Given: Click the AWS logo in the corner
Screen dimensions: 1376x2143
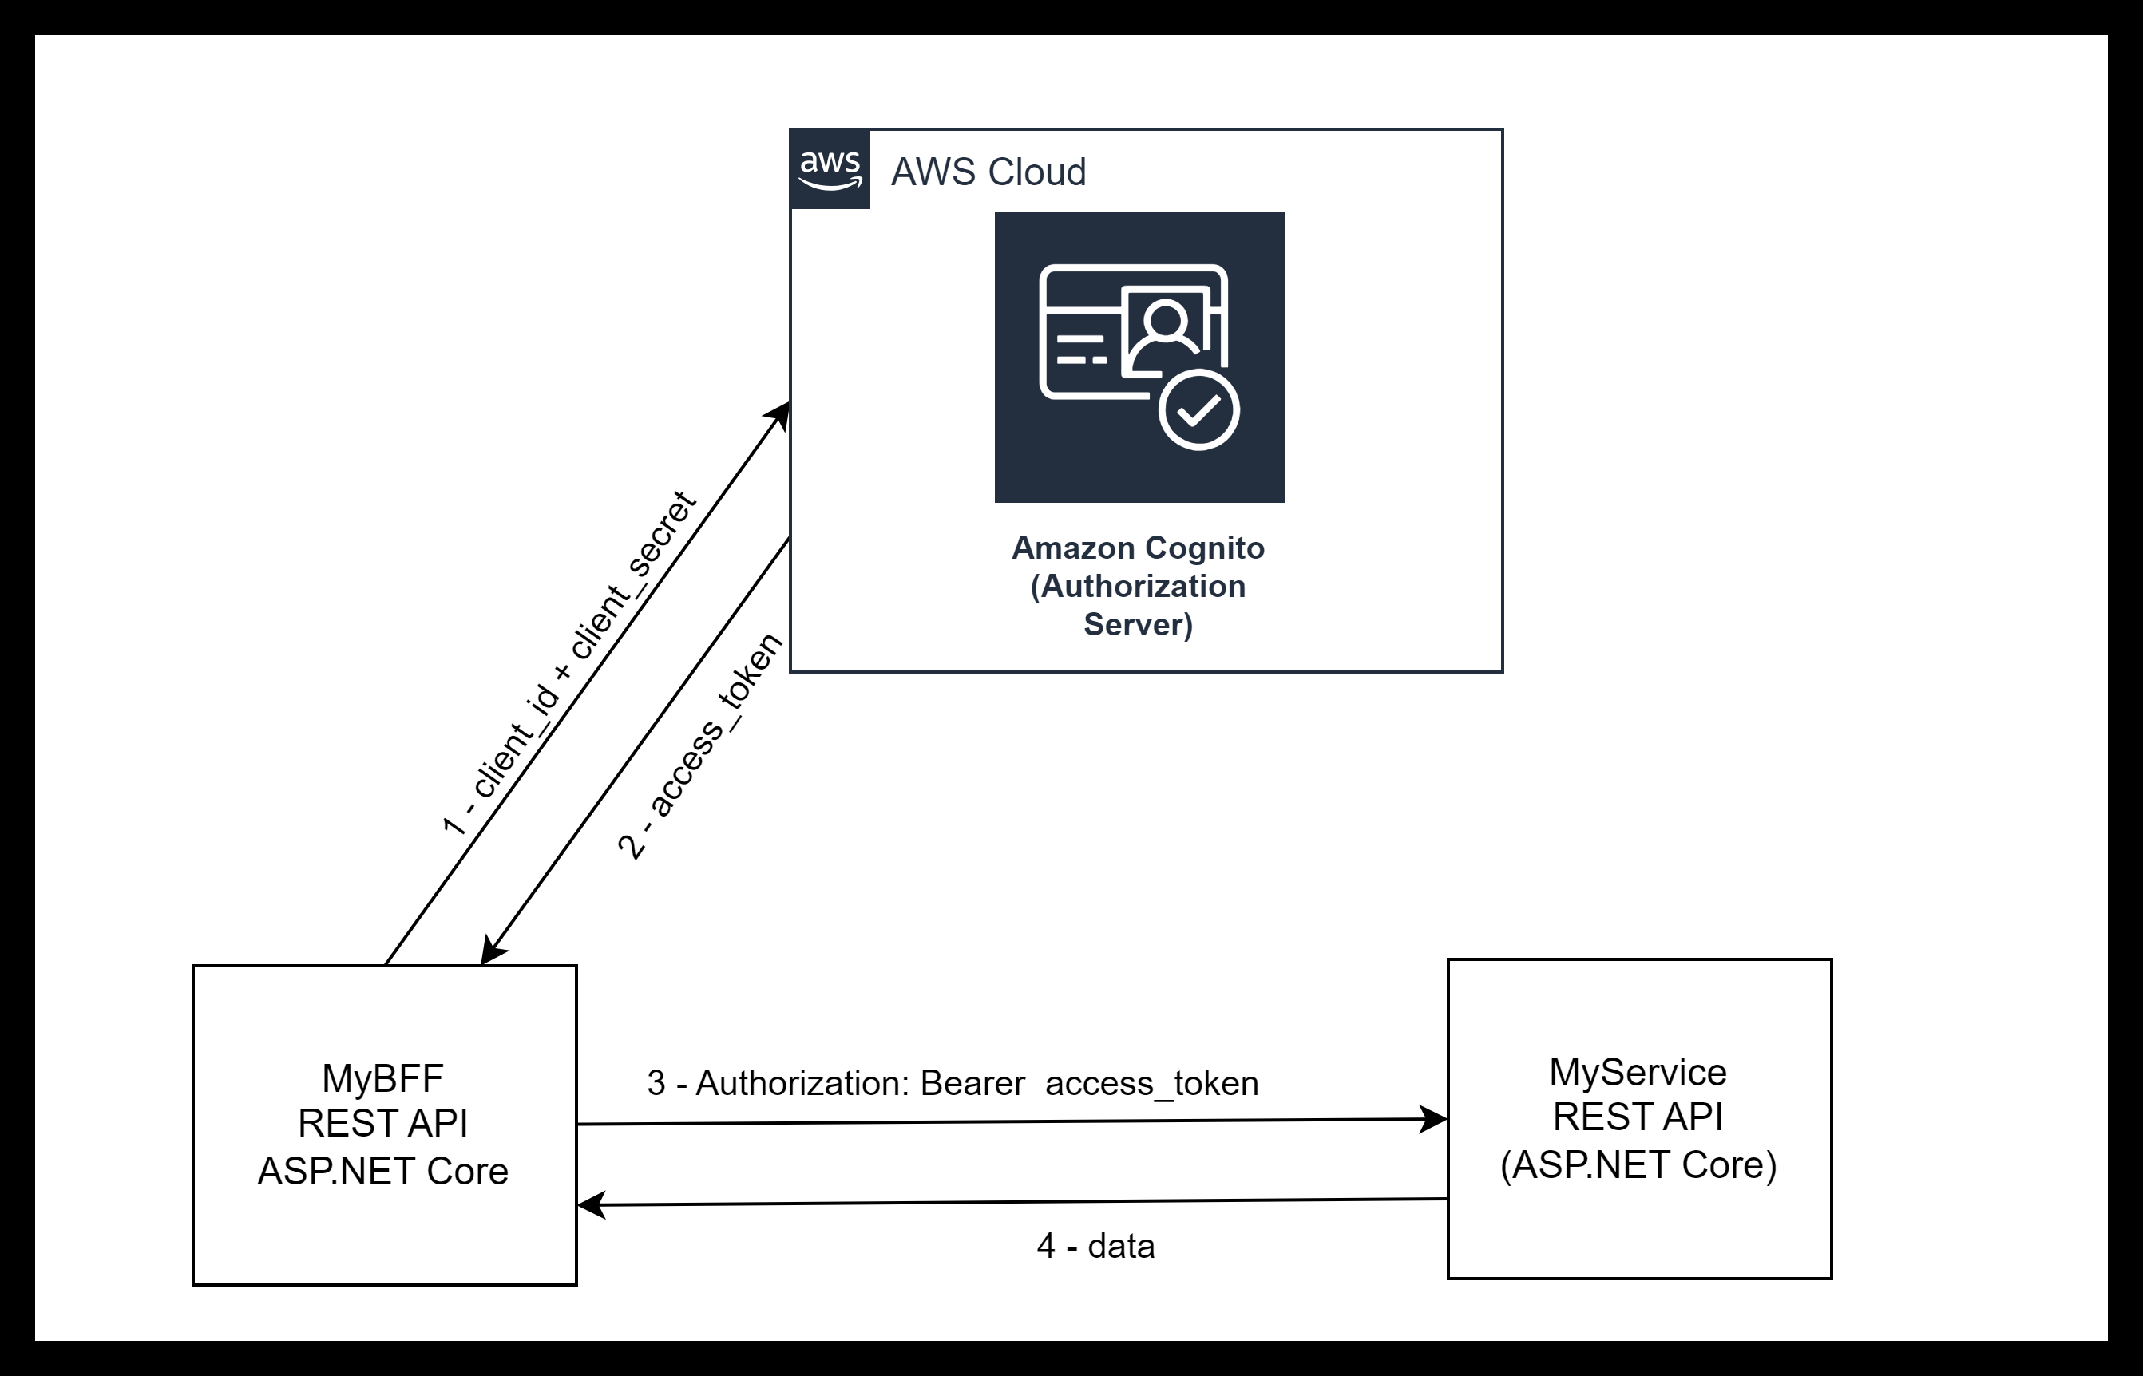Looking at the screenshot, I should pyautogui.click(x=830, y=169).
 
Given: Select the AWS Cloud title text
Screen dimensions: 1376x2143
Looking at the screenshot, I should pyautogui.click(x=988, y=172).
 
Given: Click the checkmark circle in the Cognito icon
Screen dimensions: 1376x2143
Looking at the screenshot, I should pyautogui.click(x=1198, y=410).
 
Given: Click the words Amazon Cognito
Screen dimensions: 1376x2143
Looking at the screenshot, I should pyautogui.click(x=1138, y=548).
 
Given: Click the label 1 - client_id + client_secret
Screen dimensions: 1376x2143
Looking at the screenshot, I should pyautogui.click(x=569, y=663).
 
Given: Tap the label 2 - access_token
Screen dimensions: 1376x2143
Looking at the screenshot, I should pyautogui.click(x=699, y=746).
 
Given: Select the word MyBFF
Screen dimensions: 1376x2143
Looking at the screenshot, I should pyautogui.click(x=382, y=1078).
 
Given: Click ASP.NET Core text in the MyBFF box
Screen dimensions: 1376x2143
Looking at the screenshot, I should pyautogui.click(x=382, y=1171).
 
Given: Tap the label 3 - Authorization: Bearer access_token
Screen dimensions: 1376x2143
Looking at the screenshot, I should pyautogui.click(x=953, y=1083).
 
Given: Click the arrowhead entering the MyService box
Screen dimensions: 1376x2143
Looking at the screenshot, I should pyautogui.click(x=1434, y=1119).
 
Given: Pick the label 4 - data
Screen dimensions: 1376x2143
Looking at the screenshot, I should pyautogui.click(x=1095, y=1246).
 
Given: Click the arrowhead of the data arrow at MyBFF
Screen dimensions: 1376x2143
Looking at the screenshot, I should pyautogui.click(x=591, y=1205).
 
